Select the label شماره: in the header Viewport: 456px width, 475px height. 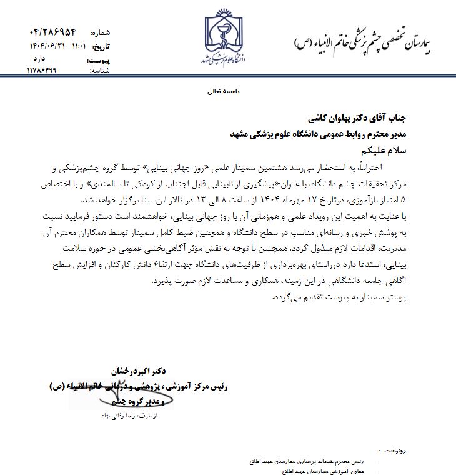tap(101, 32)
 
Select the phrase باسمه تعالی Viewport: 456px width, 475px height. tap(227, 91)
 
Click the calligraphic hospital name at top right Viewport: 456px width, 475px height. tap(365, 42)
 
